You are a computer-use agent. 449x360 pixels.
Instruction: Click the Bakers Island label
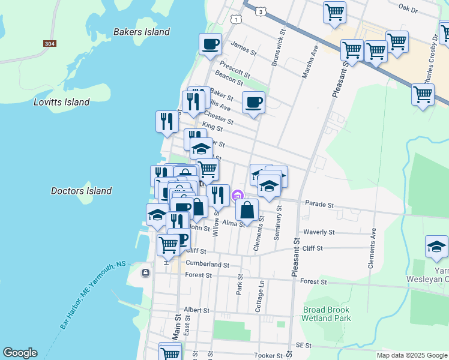(x=142, y=32)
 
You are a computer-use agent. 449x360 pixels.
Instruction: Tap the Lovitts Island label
(x=62, y=102)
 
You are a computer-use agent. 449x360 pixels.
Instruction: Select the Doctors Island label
(x=81, y=191)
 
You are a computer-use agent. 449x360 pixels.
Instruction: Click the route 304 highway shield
(x=50, y=44)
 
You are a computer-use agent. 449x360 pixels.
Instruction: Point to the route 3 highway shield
(x=259, y=11)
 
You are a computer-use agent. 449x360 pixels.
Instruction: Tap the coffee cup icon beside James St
(x=211, y=44)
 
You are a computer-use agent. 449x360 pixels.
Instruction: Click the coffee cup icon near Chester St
(x=253, y=102)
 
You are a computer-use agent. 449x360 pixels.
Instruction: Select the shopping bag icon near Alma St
(x=247, y=210)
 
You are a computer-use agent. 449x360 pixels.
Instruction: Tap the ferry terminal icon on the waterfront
(x=145, y=273)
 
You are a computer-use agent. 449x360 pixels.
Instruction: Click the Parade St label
(x=319, y=204)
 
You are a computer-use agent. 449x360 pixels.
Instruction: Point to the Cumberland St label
(x=207, y=264)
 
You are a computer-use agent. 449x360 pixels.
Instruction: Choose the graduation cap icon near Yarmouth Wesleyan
(x=436, y=246)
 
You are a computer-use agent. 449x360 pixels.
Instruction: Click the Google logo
(x=20, y=353)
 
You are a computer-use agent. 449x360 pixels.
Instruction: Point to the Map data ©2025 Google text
(x=412, y=355)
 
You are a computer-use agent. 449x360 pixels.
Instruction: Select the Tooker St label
(x=268, y=355)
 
